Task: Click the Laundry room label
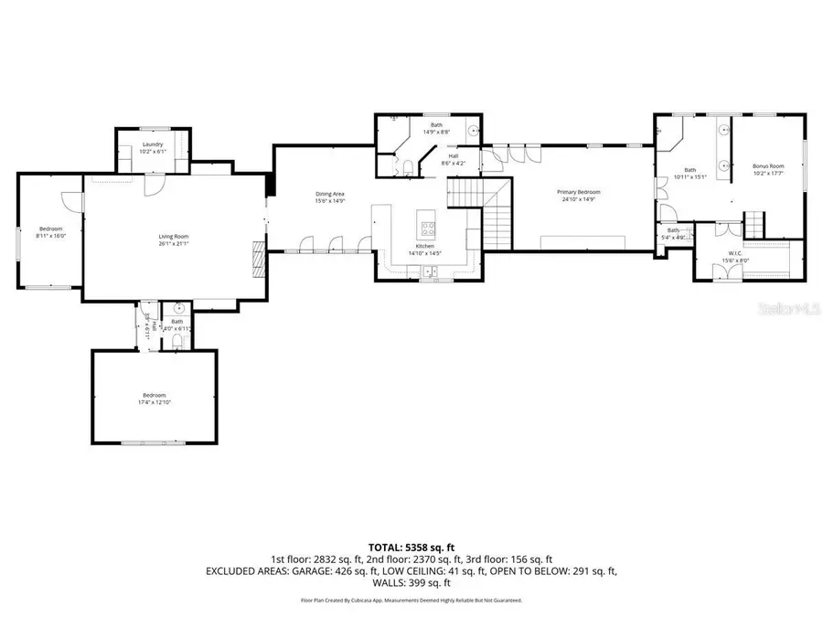153,144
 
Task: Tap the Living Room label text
173,236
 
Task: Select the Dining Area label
330,194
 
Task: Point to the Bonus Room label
768,166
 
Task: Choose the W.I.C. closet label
732,254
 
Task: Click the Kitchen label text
424,247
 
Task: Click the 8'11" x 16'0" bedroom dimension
50,235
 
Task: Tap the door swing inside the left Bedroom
69,200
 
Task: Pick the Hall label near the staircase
453,156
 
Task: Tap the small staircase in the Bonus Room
755,222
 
